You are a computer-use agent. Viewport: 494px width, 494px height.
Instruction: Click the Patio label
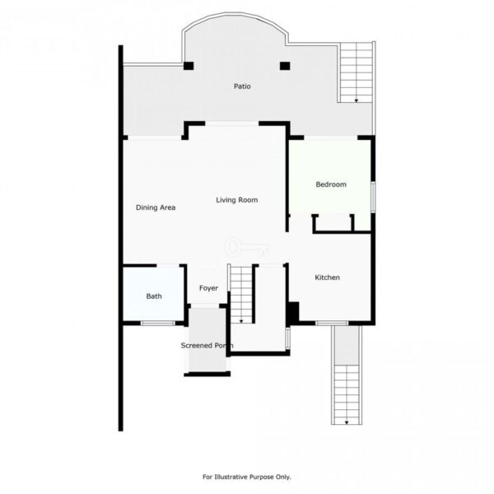(242, 86)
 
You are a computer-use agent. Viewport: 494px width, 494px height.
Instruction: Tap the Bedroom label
(331, 184)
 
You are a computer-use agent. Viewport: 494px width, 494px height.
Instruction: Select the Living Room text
(236, 200)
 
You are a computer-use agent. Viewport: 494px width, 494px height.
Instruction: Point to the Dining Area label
(156, 207)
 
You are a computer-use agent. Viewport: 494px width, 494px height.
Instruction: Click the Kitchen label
(328, 277)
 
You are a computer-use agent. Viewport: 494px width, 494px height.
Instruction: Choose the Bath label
(154, 296)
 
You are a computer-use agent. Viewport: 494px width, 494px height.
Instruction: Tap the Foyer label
(208, 288)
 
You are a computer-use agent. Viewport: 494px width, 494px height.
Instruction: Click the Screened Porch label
(207, 346)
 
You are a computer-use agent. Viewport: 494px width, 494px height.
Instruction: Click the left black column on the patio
(189, 66)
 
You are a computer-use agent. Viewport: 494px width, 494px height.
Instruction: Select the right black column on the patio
(285, 66)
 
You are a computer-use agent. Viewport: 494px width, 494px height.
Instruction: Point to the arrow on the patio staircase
(357, 100)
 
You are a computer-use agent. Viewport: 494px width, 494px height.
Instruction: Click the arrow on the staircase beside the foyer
(241, 321)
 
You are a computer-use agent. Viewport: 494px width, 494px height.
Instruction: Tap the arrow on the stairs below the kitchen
(347, 423)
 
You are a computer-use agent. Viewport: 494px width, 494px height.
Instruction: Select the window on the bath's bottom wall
(157, 323)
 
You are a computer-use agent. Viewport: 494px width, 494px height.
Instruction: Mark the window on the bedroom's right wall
(373, 197)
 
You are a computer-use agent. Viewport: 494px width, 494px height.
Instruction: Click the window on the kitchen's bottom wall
(332, 323)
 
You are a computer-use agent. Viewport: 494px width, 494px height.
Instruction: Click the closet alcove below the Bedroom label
(333, 223)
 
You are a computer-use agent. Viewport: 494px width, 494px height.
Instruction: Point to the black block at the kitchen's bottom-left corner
(294, 313)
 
